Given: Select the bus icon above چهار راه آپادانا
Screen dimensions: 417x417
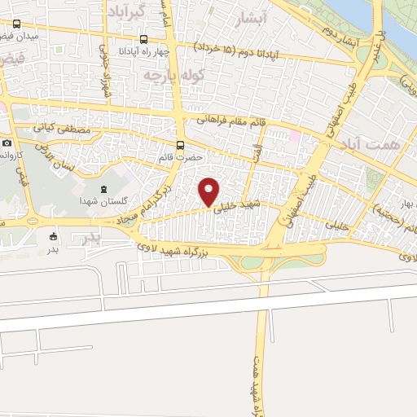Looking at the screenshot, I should [144, 38].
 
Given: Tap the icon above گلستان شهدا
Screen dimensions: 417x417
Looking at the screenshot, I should [103, 189].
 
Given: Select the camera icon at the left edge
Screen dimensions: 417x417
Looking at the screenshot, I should [7, 143].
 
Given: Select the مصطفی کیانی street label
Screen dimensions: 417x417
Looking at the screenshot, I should [56, 129].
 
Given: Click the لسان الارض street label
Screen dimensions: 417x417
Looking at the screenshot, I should [63, 152].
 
